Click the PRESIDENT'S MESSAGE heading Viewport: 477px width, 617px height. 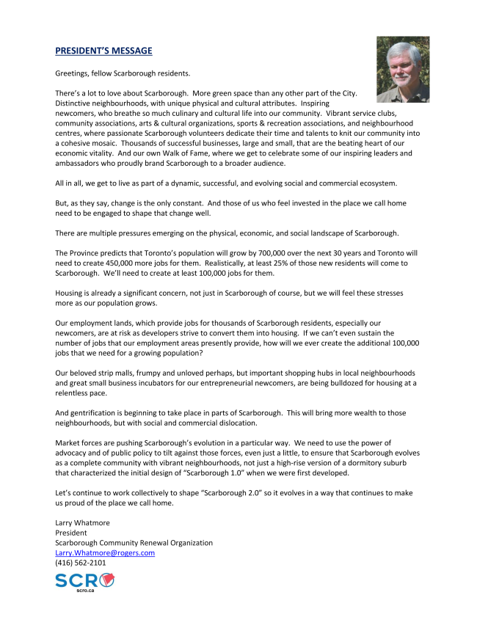[x=103, y=51]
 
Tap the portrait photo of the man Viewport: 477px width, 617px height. [x=402, y=69]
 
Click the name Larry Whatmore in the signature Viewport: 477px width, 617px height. [x=82, y=523]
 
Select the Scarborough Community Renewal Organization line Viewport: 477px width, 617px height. [x=134, y=543]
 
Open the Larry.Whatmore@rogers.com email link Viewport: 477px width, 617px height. [x=105, y=552]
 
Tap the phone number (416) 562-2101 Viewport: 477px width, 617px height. [x=81, y=563]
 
